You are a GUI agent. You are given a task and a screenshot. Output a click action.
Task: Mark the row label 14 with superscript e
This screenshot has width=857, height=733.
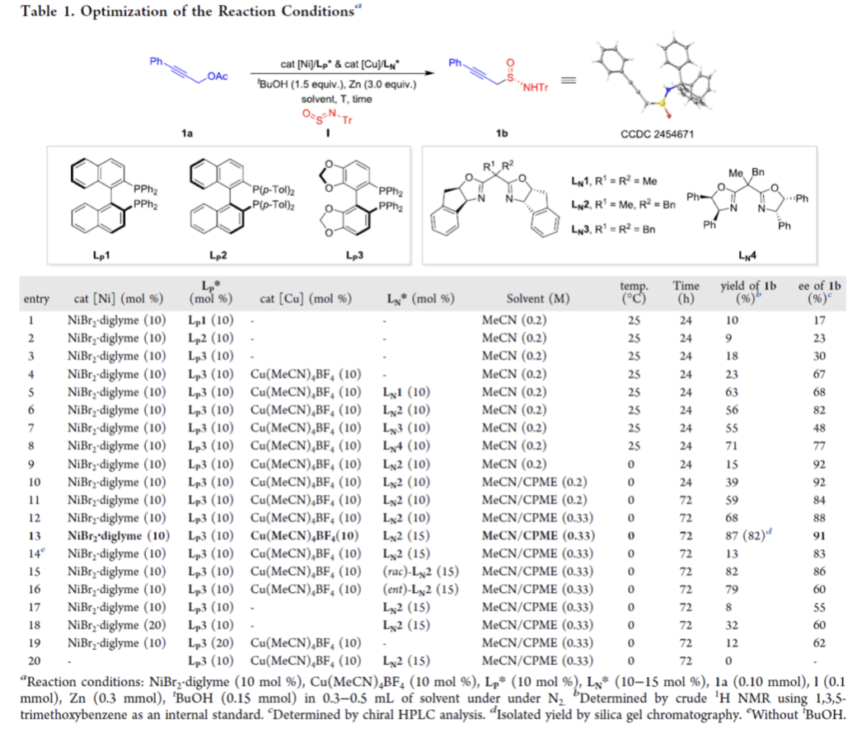click(30, 553)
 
